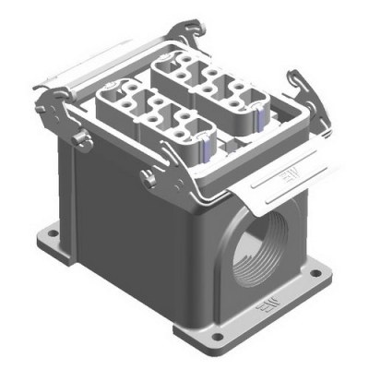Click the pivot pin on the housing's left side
[x=79, y=139]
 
